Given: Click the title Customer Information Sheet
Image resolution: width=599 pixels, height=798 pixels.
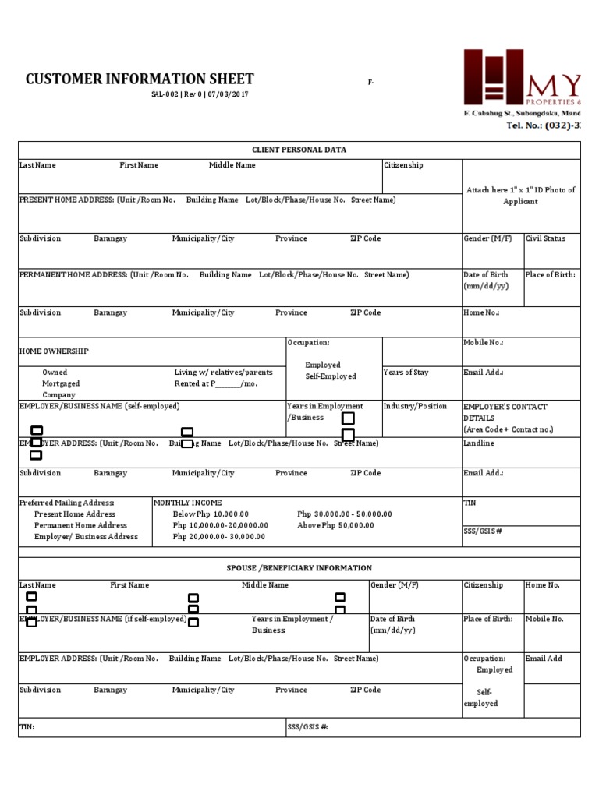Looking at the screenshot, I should (x=140, y=79).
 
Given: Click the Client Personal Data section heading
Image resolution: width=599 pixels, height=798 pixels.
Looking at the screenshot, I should (x=299, y=150).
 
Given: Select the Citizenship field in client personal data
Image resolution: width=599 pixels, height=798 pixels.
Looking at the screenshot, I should (x=403, y=165).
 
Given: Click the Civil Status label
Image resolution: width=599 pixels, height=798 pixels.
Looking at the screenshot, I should (x=545, y=238).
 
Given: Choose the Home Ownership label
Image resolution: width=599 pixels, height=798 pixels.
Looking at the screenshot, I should (x=54, y=351).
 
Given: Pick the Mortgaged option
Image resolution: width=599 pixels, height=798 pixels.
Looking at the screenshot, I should (x=61, y=383).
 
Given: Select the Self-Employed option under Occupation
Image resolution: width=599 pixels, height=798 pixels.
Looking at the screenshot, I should (x=331, y=376).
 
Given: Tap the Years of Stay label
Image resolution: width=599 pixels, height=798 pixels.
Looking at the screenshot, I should (x=406, y=373).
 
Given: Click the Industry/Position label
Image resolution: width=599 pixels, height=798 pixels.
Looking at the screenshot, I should (x=415, y=406).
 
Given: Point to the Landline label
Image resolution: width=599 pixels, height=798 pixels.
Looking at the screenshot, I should (x=478, y=443).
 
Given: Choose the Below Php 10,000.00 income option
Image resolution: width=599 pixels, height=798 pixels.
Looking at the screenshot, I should (x=211, y=514).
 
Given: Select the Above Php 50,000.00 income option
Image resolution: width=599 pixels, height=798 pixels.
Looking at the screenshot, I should (x=335, y=525).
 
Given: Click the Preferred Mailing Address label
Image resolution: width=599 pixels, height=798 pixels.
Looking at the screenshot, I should (x=66, y=503).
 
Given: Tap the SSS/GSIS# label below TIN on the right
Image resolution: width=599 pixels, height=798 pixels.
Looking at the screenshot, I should (x=482, y=531).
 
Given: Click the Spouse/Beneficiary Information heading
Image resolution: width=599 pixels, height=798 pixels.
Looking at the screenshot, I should (x=299, y=568).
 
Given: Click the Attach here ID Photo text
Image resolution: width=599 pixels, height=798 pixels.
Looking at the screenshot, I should (x=520, y=196).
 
